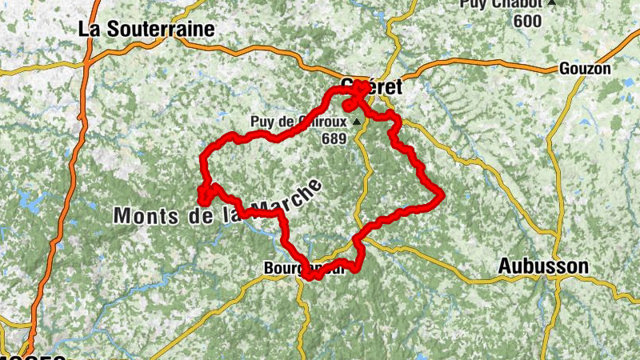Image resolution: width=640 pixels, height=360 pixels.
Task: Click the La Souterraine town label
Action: (x=146, y=29)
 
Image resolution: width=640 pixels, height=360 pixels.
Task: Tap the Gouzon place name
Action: (x=585, y=68)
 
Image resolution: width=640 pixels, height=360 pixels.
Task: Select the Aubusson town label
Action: (x=543, y=266)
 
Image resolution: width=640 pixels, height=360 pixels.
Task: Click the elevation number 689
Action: (x=334, y=138)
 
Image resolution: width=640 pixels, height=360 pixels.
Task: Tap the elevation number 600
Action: (x=528, y=21)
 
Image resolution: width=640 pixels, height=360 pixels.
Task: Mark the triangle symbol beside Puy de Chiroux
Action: (x=357, y=122)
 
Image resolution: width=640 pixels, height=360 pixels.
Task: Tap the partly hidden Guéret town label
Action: (x=374, y=86)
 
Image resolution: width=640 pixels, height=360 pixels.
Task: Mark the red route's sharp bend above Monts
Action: (x=203, y=193)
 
